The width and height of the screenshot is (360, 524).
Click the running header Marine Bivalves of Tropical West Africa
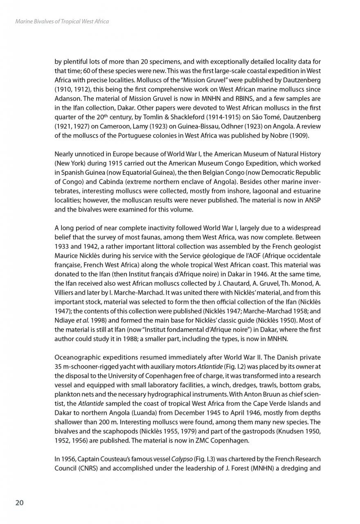[61, 21]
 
